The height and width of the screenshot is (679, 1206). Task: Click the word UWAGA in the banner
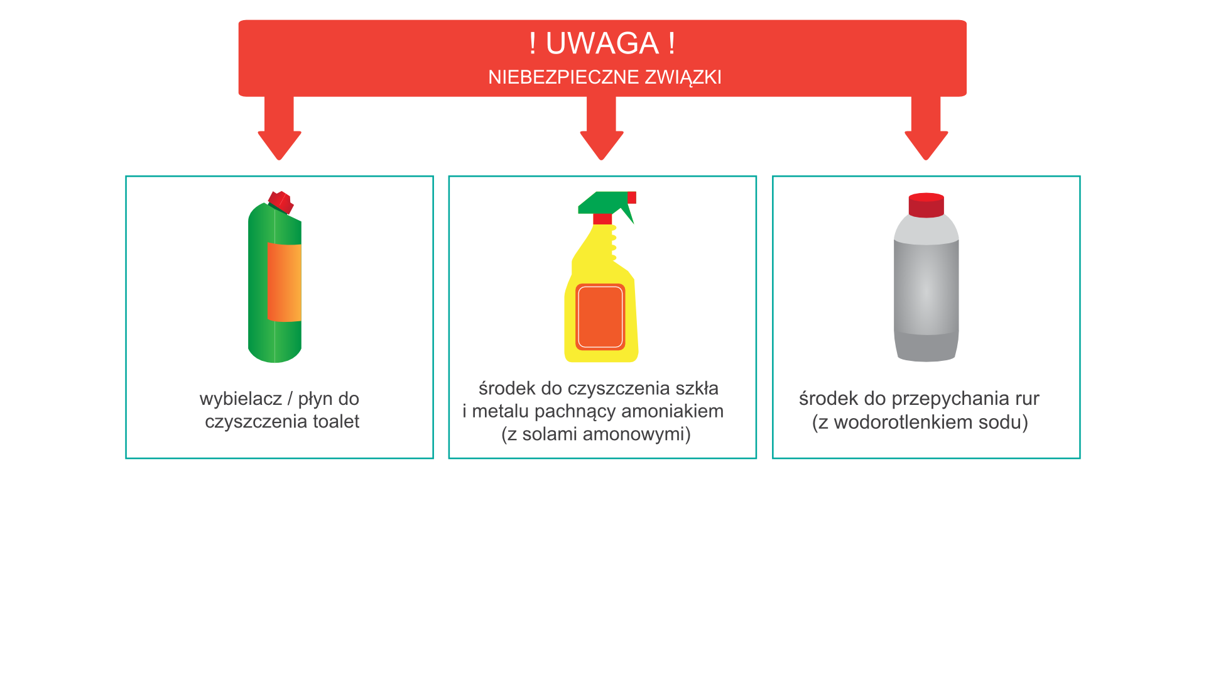(x=602, y=43)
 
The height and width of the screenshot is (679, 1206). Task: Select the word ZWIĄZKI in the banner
(x=683, y=77)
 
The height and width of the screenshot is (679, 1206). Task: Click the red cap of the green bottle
(x=281, y=202)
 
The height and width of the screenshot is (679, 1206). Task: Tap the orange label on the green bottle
(x=284, y=282)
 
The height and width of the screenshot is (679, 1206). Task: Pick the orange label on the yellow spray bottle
(x=600, y=317)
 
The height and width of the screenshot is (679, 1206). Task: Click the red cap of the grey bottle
(x=926, y=205)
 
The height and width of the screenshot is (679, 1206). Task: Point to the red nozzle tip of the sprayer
(x=632, y=197)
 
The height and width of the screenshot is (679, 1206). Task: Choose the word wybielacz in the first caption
(x=241, y=399)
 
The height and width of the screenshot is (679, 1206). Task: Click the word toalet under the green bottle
(x=336, y=421)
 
